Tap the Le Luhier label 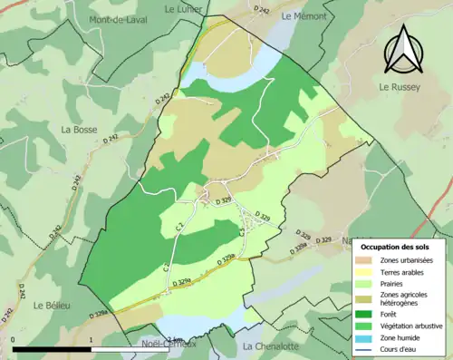(x=183, y=8)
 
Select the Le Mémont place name (x=301, y=16)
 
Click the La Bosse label (x=79, y=130)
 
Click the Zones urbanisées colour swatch (x=365, y=261)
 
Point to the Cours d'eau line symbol (x=365, y=348)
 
